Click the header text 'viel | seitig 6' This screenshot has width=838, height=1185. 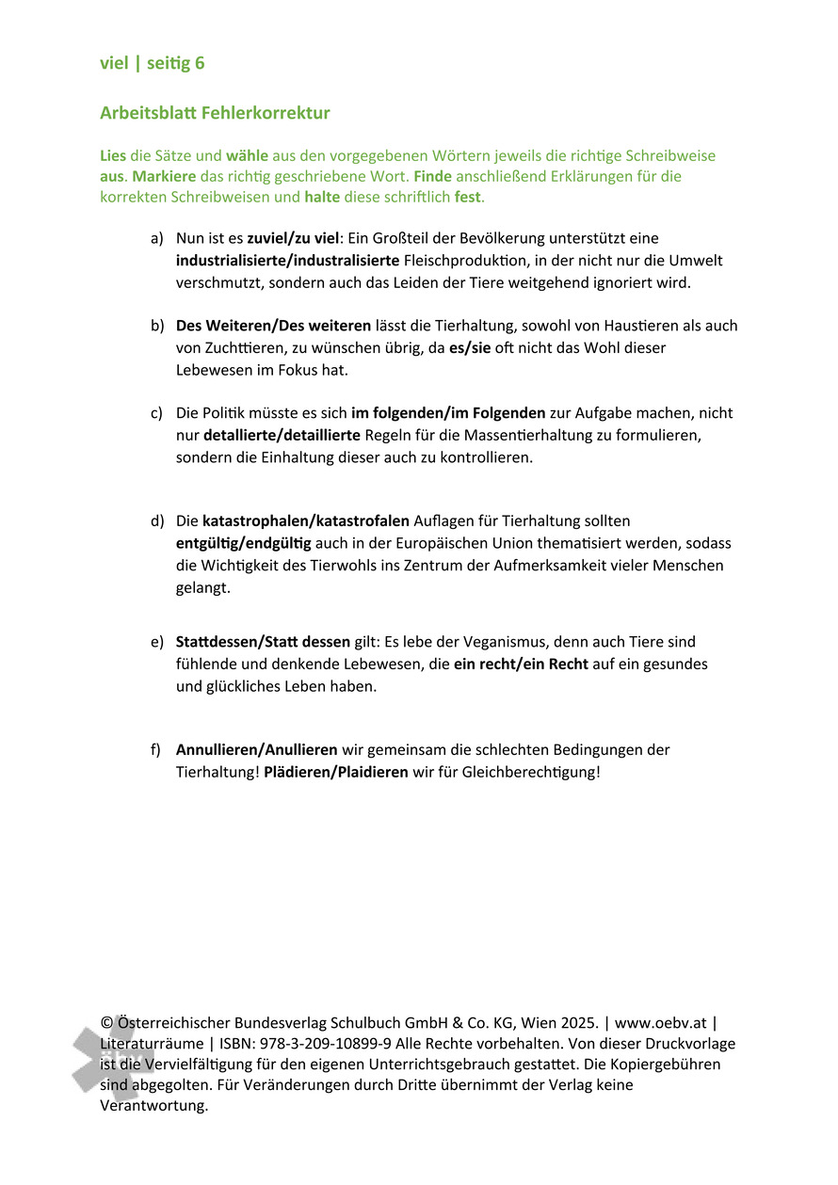point(152,63)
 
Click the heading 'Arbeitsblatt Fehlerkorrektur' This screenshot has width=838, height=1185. point(215,113)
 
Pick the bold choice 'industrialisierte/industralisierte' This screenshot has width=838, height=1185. point(287,260)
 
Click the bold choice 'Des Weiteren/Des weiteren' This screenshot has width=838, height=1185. point(273,326)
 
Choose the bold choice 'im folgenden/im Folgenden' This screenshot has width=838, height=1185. point(447,413)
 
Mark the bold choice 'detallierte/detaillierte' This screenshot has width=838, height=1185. point(282,435)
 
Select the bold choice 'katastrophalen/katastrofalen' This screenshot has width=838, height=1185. point(306,520)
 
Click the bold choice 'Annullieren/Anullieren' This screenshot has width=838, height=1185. point(256,750)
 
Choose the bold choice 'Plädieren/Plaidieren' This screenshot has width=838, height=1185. point(336,772)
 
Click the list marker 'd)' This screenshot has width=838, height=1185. point(157,520)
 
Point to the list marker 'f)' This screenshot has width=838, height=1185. point(156,750)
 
